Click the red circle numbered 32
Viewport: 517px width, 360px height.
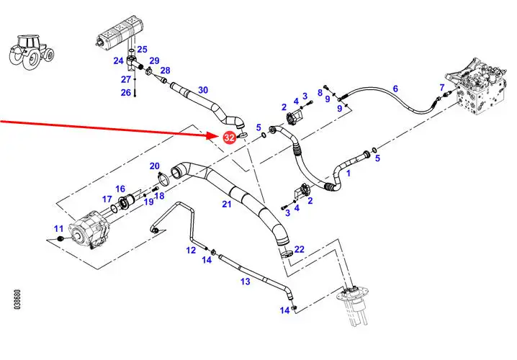point(230,136)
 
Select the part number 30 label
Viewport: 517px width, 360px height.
point(203,90)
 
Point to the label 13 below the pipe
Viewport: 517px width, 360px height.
point(246,282)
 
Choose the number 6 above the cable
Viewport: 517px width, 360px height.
point(395,89)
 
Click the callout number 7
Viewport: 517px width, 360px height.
point(441,88)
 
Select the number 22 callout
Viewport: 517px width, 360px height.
point(299,249)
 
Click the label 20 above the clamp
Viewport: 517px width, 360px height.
point(154,166)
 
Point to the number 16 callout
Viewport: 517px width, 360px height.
point(120,189)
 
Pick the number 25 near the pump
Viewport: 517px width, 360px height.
point(142,49)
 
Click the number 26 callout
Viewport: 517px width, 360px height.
point(126,92)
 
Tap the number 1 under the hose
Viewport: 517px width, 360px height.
point(349,174)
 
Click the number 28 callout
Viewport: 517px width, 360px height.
point(165,70)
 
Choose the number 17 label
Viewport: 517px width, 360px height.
point(107,199)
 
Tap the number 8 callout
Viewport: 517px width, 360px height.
point(319,93)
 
